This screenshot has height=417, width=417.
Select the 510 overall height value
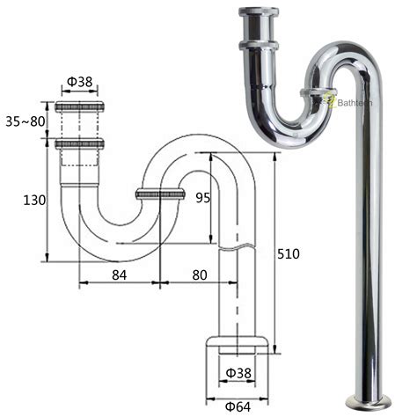click(288, 254)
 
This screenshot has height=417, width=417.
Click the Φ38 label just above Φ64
click(238, 373)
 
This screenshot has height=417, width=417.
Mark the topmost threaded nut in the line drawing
click(79, 107)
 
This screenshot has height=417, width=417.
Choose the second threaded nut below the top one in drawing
click(79, 143)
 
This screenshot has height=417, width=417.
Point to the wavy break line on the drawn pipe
click(238, 251)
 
